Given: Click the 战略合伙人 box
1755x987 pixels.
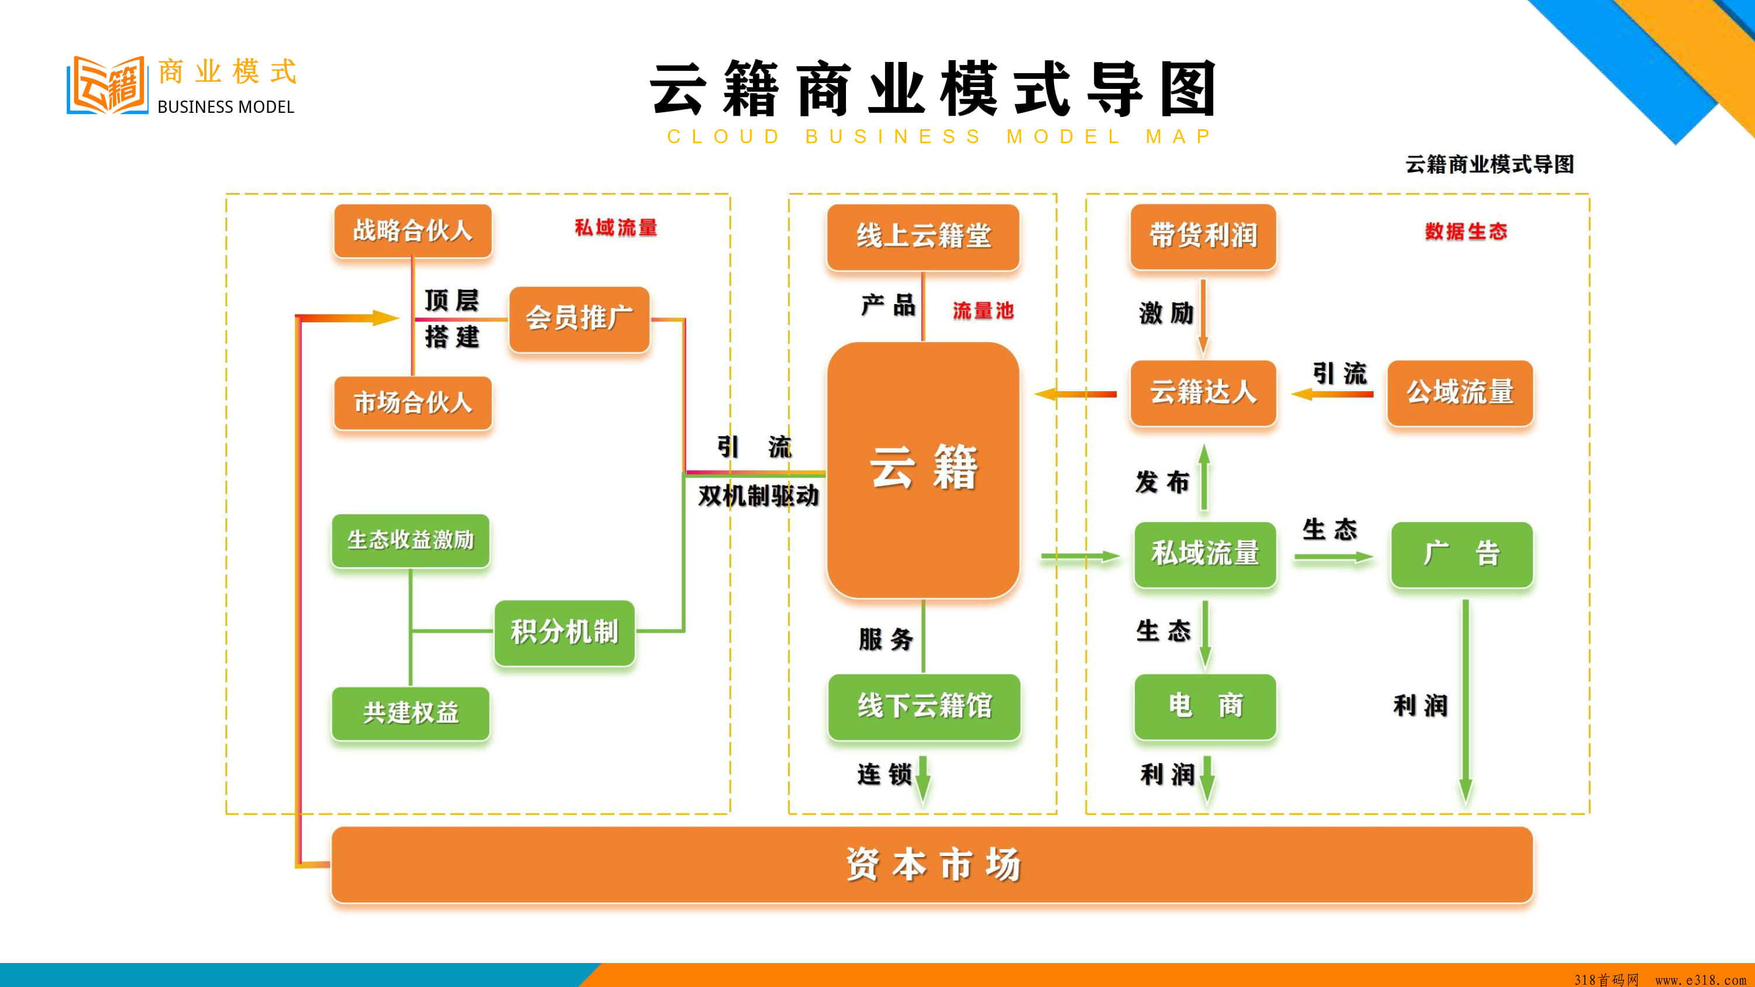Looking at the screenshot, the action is [x=413, y=231].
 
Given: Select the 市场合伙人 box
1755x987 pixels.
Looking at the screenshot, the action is [x=413, y=402].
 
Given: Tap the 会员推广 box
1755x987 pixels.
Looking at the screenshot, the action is [x=579, y=319].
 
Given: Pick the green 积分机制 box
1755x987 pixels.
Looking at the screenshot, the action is [x=565, y=632].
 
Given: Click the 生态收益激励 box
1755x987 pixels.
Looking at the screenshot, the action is [x=411, y=541].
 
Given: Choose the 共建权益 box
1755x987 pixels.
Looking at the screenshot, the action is [x=411, y=713].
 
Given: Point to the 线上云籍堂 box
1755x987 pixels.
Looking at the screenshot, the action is [x=923, y=237].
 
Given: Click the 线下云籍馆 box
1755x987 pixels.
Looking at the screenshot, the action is [x=924, y=706].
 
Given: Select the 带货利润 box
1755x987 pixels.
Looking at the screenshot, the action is [x=1203, y=236].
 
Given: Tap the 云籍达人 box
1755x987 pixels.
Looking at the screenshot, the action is [x=1203, y=393].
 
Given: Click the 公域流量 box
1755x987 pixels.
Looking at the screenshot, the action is [x=1460, y=393].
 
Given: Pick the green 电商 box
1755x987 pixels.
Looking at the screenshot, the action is [x=1205, y=706].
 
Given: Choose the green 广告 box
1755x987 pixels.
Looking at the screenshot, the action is [x=1462, y=554].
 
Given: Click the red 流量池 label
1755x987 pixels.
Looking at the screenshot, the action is [x=983, y=310].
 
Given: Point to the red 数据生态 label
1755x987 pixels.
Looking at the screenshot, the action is [x=1466, y=232].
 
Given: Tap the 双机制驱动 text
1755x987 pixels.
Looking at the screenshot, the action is [x=758, y=496].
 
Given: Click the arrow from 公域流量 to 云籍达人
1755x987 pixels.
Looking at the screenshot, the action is [x=1332, y=394].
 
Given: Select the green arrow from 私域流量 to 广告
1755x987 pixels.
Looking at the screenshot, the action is [x=1334, y=557].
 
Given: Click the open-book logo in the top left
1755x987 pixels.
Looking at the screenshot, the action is [x=107, y=85].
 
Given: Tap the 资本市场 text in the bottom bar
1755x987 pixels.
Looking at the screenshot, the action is [x=932, y=865].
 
